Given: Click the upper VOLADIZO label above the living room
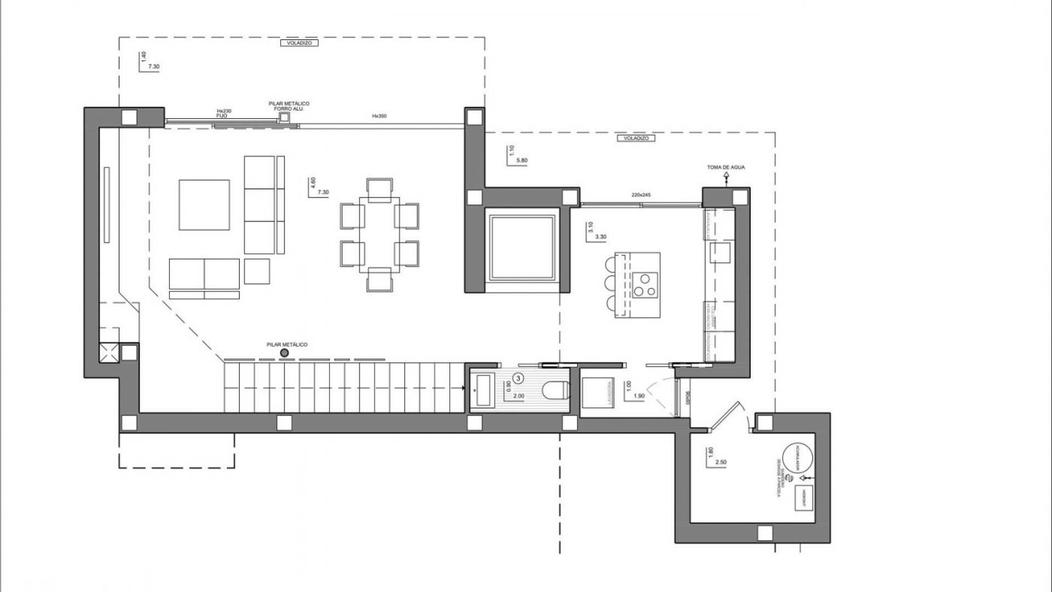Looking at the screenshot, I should pos(299,43).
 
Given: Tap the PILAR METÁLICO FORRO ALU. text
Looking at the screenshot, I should pos(289,106).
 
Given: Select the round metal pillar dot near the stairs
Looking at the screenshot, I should pos(284,353).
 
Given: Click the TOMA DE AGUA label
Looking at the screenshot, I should pos(726,167).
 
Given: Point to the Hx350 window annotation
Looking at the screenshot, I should pos(379,116).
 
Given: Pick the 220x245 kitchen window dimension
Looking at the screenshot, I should pos(641,195).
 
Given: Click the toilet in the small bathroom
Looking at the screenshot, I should pos(554,390).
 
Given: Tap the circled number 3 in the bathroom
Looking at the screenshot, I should pos(519,378).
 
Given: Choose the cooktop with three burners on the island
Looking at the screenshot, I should pos(645,285).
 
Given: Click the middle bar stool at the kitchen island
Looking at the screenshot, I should pos(611,284).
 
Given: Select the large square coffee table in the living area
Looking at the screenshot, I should pos(204,205).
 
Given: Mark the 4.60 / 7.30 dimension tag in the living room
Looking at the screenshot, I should pos(319,186).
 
